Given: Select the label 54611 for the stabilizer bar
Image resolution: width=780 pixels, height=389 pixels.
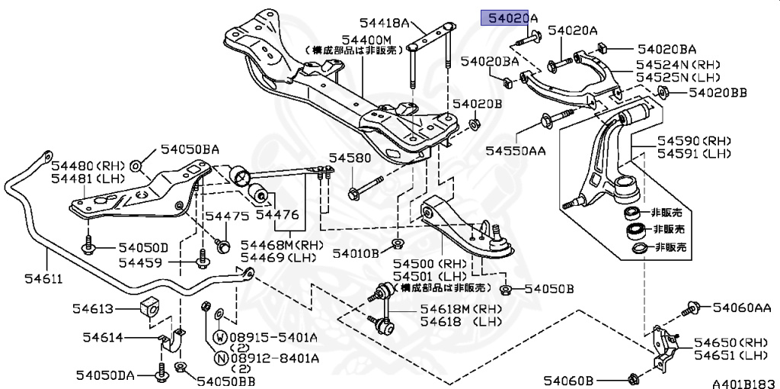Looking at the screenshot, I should point(25,280).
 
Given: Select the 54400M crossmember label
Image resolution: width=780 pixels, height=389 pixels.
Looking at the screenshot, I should point(366,39).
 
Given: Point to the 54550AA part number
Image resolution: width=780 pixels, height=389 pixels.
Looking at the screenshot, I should point(516,152).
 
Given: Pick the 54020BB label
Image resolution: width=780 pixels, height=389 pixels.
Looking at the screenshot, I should point(718,92).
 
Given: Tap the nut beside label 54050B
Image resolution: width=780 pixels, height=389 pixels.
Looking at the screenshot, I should point(506,290).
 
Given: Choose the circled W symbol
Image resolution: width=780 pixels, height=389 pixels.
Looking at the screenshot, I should point(219,336).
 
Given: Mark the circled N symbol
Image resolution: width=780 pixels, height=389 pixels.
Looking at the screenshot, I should point(219,357).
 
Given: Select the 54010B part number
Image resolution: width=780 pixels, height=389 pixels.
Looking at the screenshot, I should point(354,252).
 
